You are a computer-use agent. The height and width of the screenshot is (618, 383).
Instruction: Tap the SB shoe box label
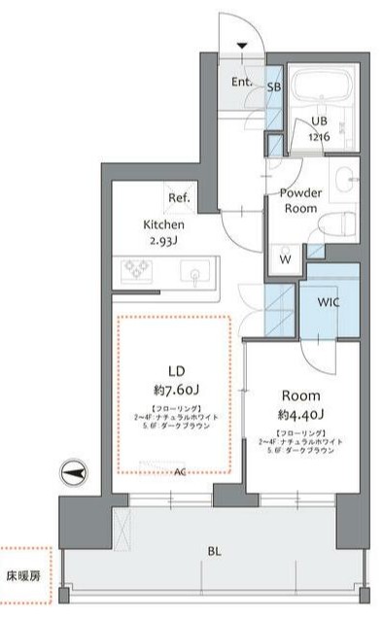[x=274, y=87]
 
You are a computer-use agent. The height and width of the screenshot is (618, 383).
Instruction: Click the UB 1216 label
[x=320, y=128]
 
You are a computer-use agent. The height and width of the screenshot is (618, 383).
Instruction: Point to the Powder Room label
[x=300, y=200]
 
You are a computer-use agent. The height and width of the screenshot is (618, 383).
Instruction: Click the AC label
[x=180, y=473]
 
